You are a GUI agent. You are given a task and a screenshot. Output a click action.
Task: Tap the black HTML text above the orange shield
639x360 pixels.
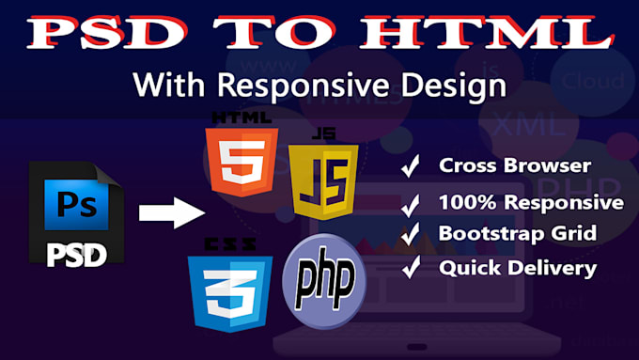(242, 117)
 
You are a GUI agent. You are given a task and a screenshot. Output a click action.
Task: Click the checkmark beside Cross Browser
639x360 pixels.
(410, 167)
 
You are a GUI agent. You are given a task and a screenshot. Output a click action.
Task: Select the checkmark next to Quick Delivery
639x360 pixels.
(410, 269)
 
